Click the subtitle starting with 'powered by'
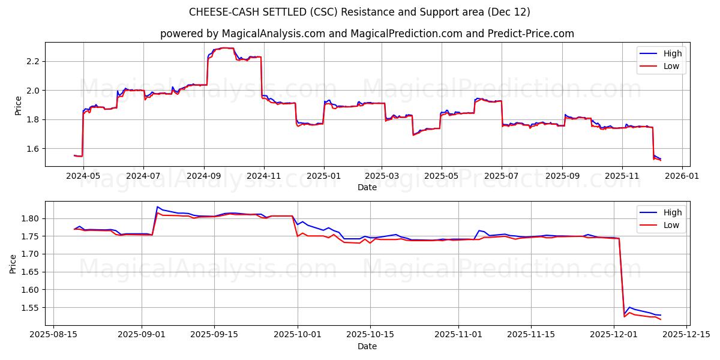367,34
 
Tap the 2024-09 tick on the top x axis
204,176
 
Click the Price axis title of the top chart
18,104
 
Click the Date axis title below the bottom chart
367,346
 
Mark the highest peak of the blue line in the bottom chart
157,207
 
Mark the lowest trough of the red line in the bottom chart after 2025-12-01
661,319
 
